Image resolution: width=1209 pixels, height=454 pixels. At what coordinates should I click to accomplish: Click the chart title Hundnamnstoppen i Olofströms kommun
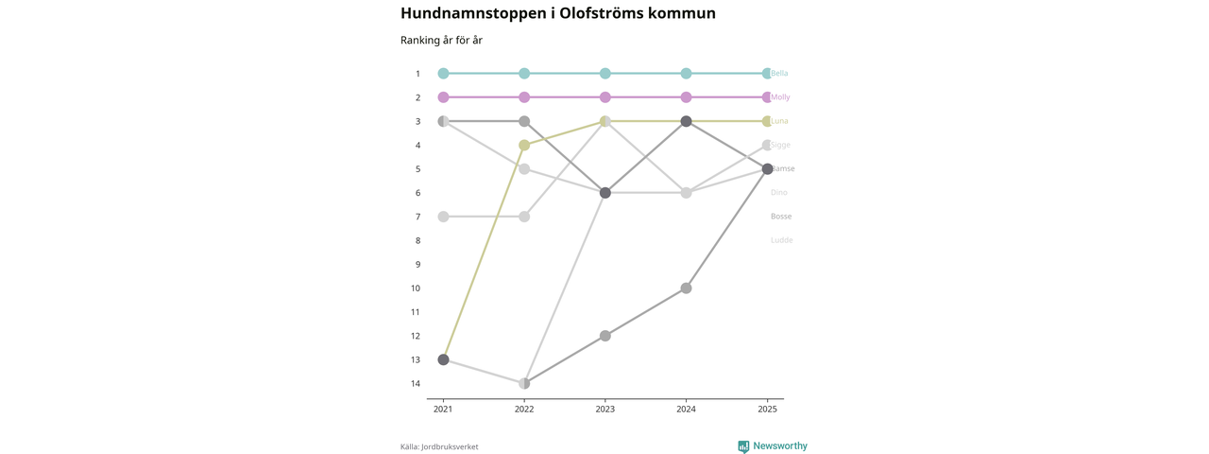[x=557, y=13]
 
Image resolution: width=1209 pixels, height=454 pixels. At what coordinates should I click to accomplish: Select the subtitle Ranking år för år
[x=441, y=41]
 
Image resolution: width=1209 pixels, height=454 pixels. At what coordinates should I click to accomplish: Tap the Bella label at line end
[x=779, y=74]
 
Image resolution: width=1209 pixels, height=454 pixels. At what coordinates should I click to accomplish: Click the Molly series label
[x=780, y=97]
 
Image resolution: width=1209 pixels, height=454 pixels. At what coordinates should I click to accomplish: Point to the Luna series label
[x=779, y=121]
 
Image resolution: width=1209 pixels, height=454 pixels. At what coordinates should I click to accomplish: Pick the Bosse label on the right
[x=781, y=217]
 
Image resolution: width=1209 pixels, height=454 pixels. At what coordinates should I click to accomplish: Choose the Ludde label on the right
[x=781, y=240]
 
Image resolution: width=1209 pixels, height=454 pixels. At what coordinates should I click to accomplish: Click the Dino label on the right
[x=778, y=193]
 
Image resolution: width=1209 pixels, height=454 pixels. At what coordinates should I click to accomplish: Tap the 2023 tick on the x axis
[x=605, y=410]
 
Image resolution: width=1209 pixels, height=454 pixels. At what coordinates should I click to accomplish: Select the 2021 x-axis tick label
[x=443, y=410]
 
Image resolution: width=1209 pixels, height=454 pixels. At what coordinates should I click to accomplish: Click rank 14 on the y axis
[x=416, y=384]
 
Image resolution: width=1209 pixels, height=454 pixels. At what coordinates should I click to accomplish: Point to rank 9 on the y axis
[x=417, y=265]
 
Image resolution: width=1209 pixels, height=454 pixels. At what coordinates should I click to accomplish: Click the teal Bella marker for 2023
[x=605, y=74]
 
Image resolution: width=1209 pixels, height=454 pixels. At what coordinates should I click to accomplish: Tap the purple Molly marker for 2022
[x=524, y=97]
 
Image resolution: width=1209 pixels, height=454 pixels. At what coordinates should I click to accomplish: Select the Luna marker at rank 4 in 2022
[x=524, y=145]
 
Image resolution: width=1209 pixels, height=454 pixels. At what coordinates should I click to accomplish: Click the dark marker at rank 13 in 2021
[x=443, y=359]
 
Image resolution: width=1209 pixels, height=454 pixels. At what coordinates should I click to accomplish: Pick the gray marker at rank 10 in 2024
[x=687, y=288]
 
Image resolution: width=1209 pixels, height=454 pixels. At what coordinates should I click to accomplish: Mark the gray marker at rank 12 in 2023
[x=605, y=336]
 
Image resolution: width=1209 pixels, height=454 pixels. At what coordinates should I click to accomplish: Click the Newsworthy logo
[x=773, y=446]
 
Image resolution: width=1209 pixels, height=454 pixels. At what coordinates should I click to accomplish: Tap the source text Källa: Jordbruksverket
[x=439, y=447]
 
